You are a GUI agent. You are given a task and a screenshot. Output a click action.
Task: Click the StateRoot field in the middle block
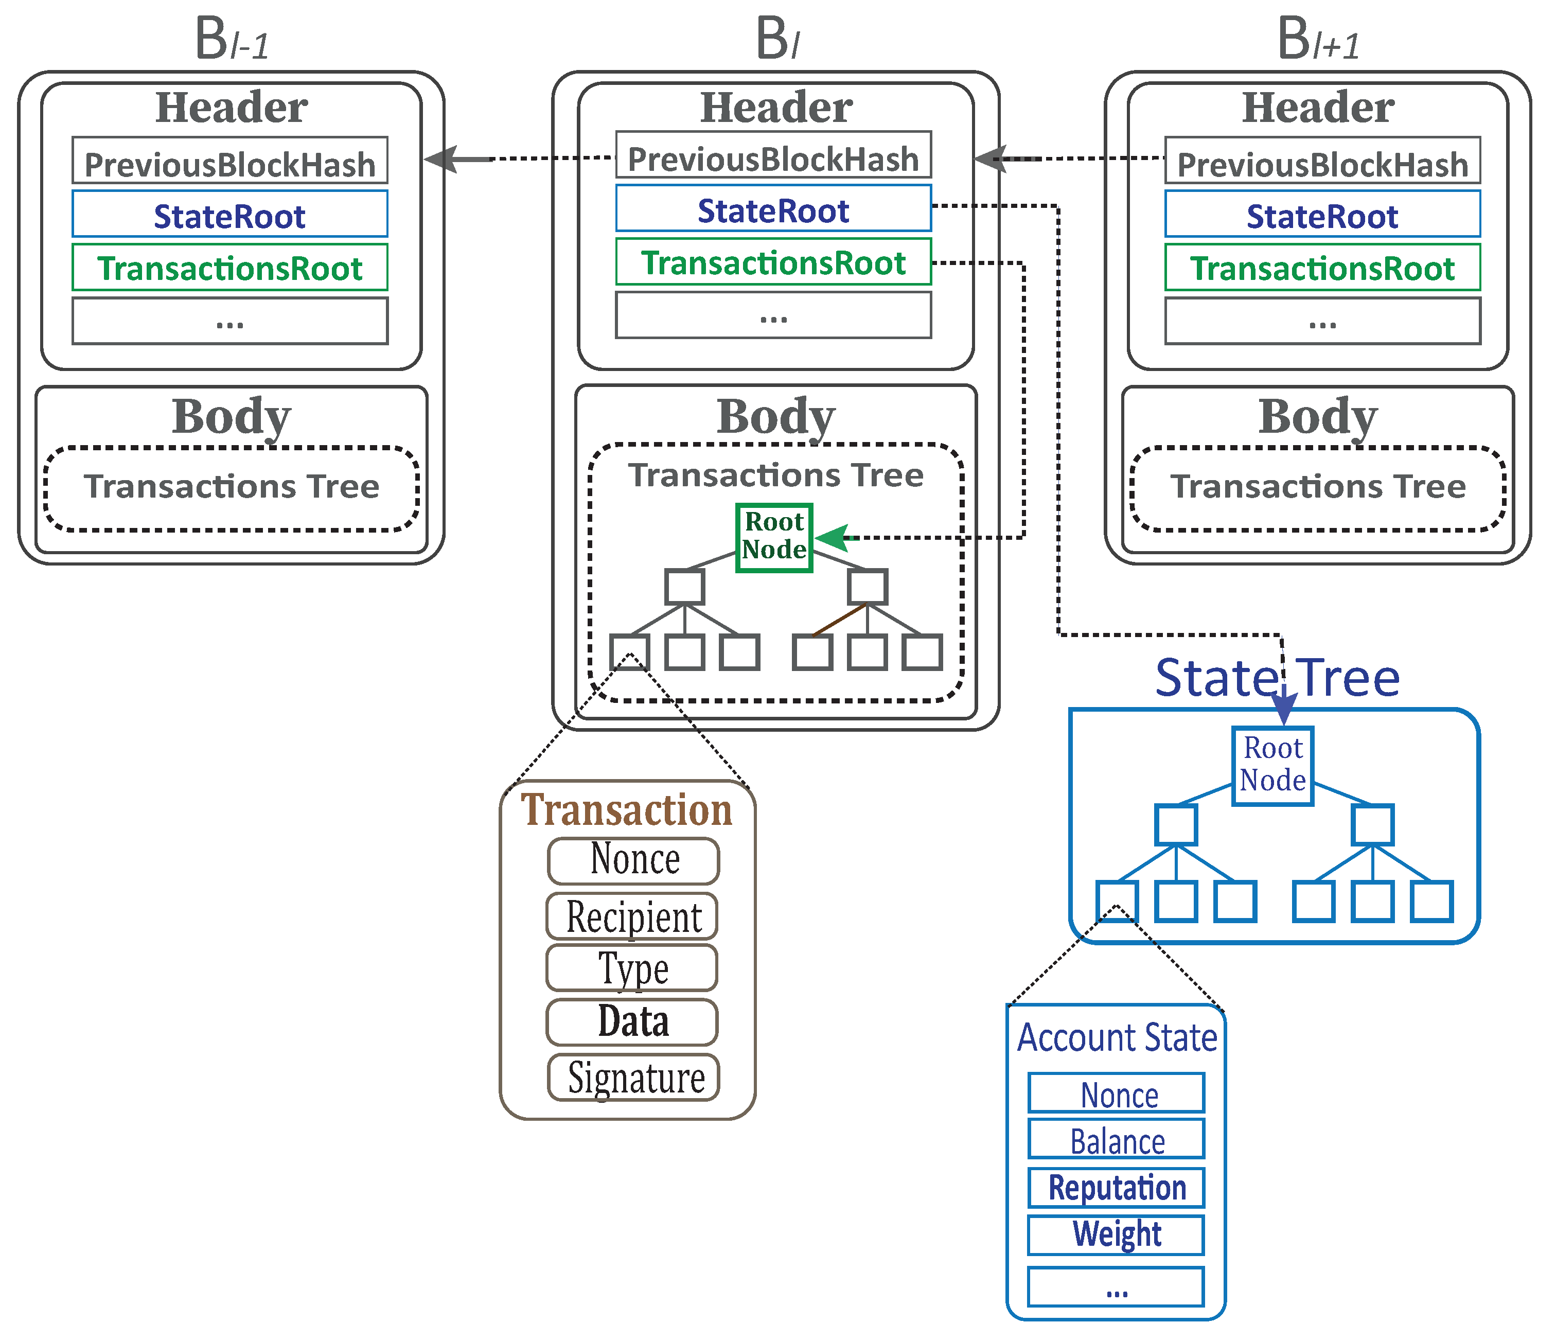click(773, 210)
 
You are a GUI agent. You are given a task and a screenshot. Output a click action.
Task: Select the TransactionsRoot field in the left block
click(230, 267)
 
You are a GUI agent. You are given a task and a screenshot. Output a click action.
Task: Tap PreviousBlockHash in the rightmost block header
click(1322, 163)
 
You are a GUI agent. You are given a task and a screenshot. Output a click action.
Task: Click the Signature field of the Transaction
click(634, 1078)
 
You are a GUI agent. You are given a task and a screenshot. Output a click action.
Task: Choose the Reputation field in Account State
click(1116, 1188)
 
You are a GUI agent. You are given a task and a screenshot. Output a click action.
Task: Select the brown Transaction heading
click(626, 810)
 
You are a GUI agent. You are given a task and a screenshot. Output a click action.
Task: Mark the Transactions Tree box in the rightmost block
click(1318, 487)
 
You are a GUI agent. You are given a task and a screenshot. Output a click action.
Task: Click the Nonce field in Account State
click(1116, 1095)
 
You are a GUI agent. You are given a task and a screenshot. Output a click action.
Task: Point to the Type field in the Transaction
click(632, 968)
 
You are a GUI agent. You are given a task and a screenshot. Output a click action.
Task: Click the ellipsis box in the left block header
click(230, 322)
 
